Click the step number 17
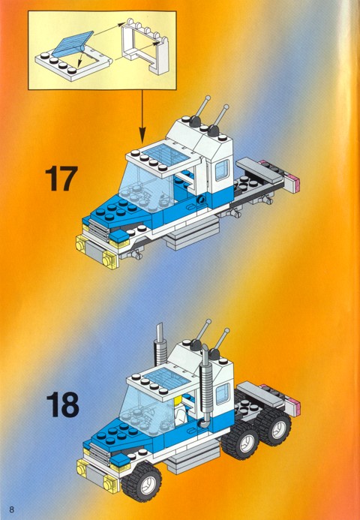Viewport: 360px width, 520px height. click(x=61, y=179)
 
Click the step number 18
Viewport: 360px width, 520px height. click(x=63, y=404)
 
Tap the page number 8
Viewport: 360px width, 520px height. click(x=11, y=509)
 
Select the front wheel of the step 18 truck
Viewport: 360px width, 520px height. click(x=142, y=482)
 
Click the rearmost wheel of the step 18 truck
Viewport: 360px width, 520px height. click(x=274, y=427)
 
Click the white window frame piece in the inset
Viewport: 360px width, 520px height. click(x=145, y=47)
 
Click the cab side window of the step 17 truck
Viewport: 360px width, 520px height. click(x=222, y=170)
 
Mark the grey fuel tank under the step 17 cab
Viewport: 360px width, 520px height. click(x=191, y=236)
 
